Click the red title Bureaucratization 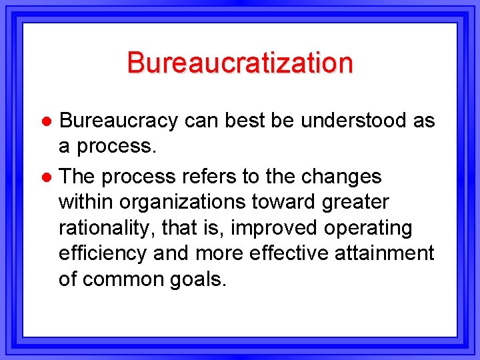tap(239, 63)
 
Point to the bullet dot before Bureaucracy tap(47, 121)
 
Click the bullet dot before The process tap(47, 177)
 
